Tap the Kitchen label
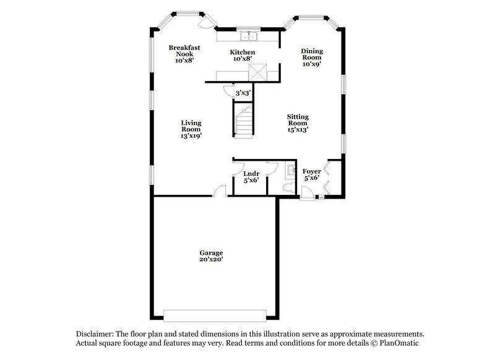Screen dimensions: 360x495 243,52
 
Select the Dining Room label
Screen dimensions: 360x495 312,54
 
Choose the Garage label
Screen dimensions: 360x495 211,253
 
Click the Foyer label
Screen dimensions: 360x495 311,171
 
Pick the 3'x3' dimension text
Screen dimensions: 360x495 243,93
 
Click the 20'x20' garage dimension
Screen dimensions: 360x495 211,260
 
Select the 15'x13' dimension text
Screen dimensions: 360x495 298,130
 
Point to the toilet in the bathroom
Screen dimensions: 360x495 287,186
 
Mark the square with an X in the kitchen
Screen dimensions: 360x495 256,72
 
